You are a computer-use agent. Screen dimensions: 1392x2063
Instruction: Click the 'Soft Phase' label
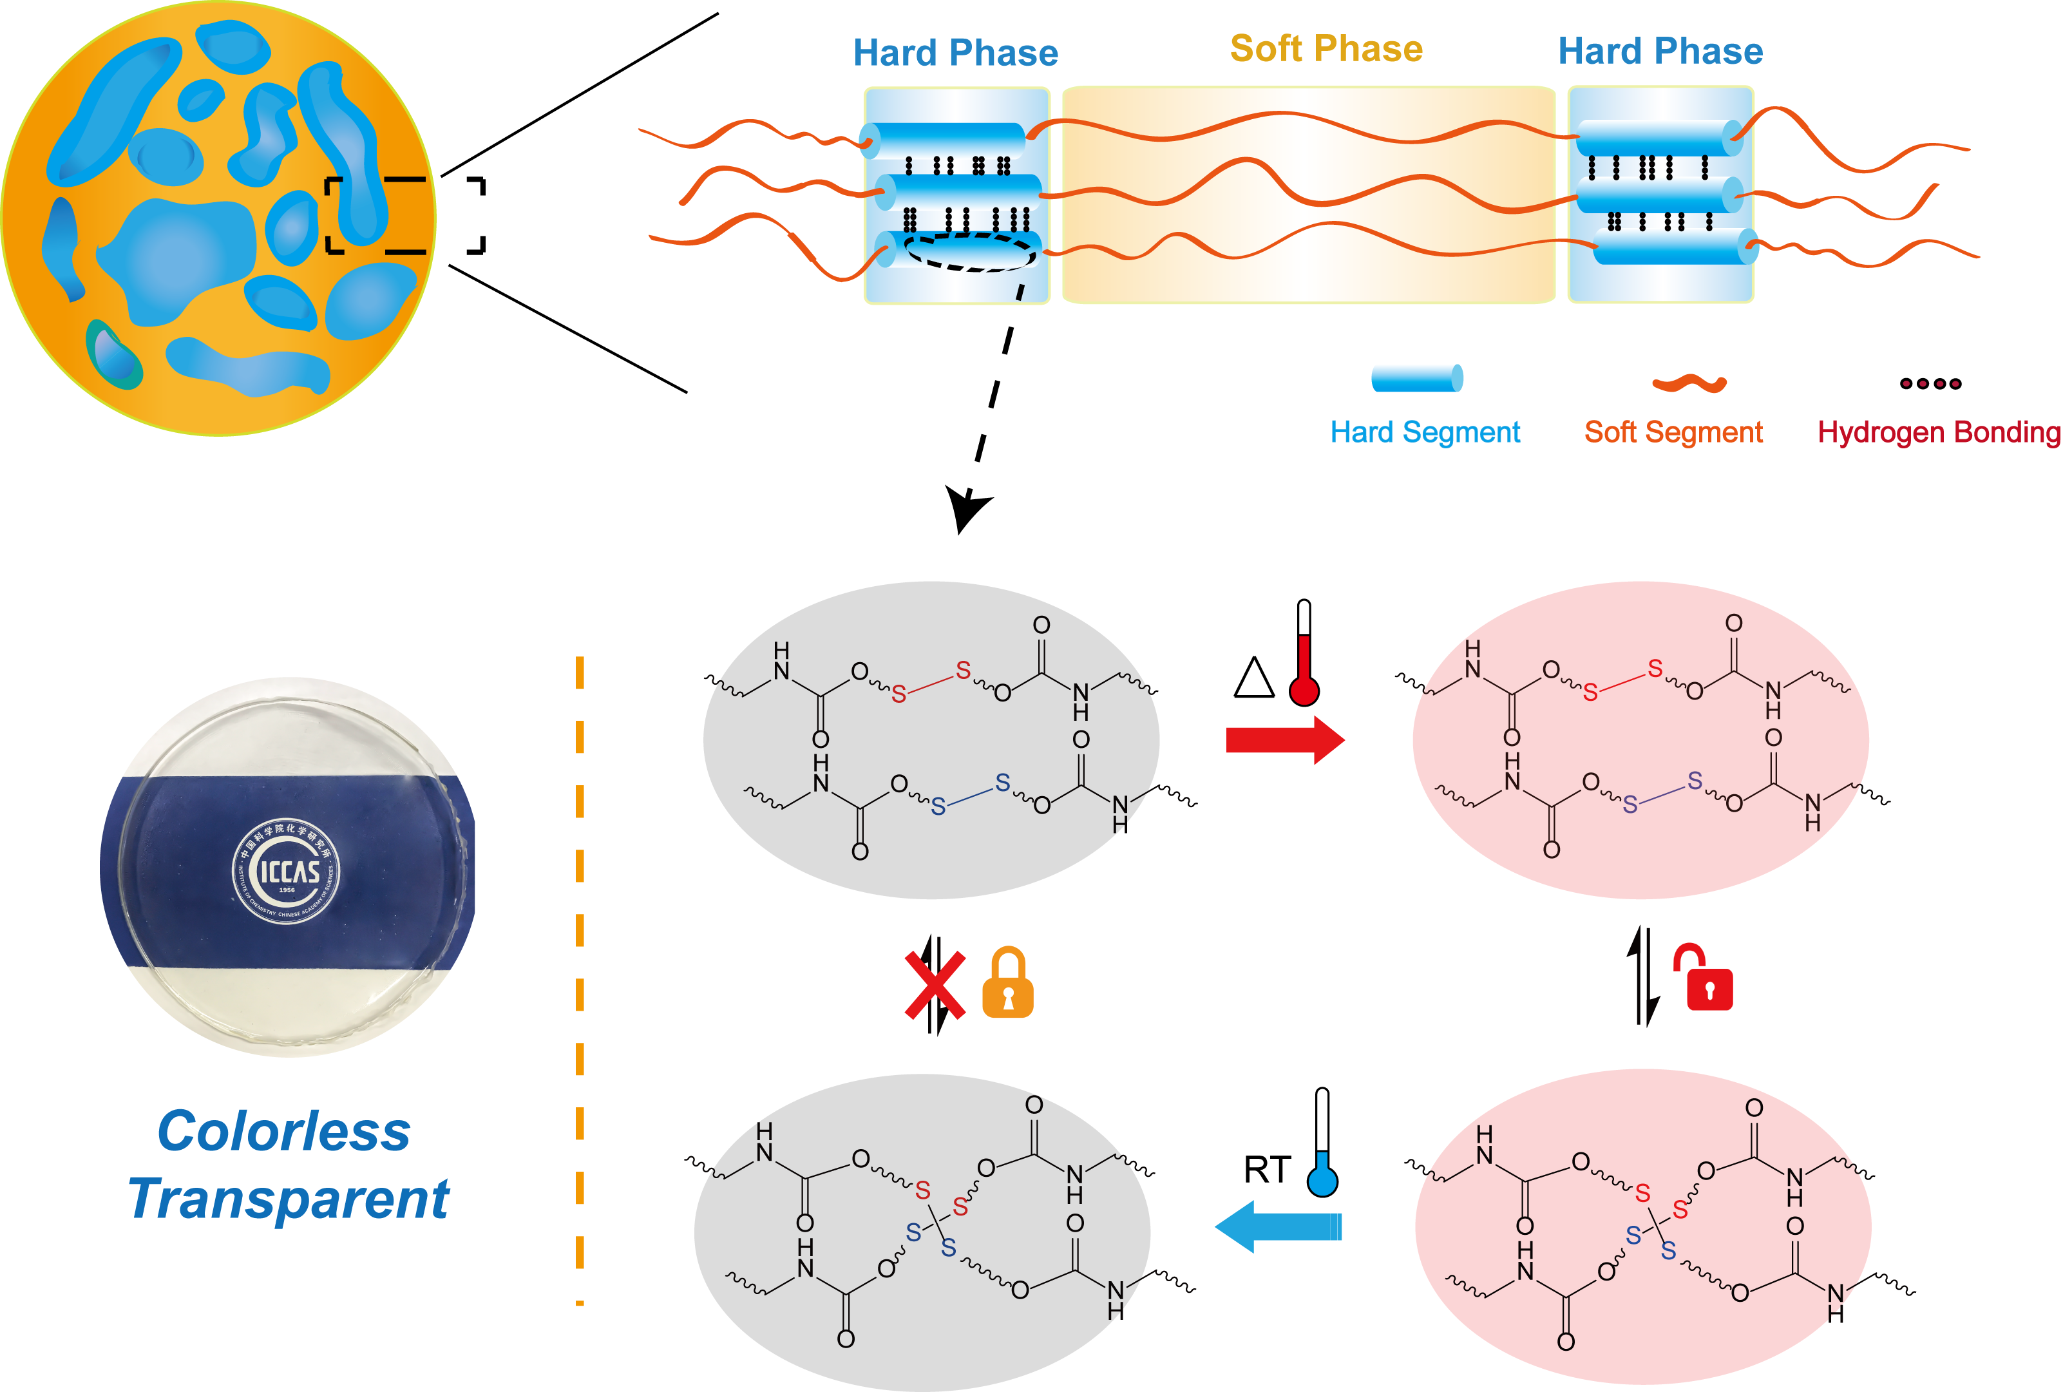click(x=1326, y=49)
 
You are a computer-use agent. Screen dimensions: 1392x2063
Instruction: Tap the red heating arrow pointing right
click(x=1284, y=739)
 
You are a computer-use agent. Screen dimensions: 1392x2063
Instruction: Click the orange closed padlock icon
click(x=1007, y=983)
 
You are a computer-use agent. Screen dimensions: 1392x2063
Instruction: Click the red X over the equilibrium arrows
click(x=934, y=986)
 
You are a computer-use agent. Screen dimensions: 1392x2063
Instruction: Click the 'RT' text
click(x=1267, y=1170)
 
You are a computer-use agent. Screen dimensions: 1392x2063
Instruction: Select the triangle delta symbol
click(x=1254, y=678)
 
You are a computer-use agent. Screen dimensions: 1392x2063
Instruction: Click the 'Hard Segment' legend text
click(x=1425, y=432)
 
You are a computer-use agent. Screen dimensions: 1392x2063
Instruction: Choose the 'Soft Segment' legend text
click(x=1673, y=432)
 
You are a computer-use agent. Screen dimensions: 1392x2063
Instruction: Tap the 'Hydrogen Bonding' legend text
click(x=1938, y=432)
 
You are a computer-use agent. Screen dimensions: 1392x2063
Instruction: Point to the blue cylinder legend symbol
click(x=1417, y=378)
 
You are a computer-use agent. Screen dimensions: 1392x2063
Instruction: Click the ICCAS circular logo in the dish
click(x=286, y=871)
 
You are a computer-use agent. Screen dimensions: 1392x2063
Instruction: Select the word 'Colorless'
click(x=284, y=1131)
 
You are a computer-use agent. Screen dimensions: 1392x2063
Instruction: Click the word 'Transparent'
click(x=289, y=1199)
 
